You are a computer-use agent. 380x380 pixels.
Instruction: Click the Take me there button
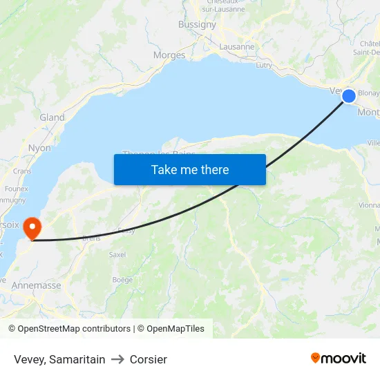[x=189, y=169]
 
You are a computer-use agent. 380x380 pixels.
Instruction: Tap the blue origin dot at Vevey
[x=349, y=96]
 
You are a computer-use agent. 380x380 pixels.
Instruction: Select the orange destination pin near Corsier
[x=32, y=227]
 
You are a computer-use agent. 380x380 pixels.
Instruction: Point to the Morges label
[x=169, y=55]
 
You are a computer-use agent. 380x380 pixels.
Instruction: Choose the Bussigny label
[x=197, y=24]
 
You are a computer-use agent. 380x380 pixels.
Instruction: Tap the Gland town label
[x=52, y=117]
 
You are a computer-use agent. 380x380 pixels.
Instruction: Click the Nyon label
[x=39, y=148]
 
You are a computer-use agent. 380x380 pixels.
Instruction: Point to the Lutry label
[x=264, y=65]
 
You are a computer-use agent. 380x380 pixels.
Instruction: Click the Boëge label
[x=122, y=280]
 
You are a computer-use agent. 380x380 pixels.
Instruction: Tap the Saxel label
[x=117, y=254]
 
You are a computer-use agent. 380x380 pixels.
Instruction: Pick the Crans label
[x=22, y=171]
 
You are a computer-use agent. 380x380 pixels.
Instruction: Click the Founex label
[x=16, y=188]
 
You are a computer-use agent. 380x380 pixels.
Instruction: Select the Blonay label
[x=368, y=93]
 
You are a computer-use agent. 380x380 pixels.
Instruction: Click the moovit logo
[x=339, y=358]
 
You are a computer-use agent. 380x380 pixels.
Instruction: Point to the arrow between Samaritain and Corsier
[x=117, y=359]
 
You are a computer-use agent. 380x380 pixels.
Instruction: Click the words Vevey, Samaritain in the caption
[x=59, y=359]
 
